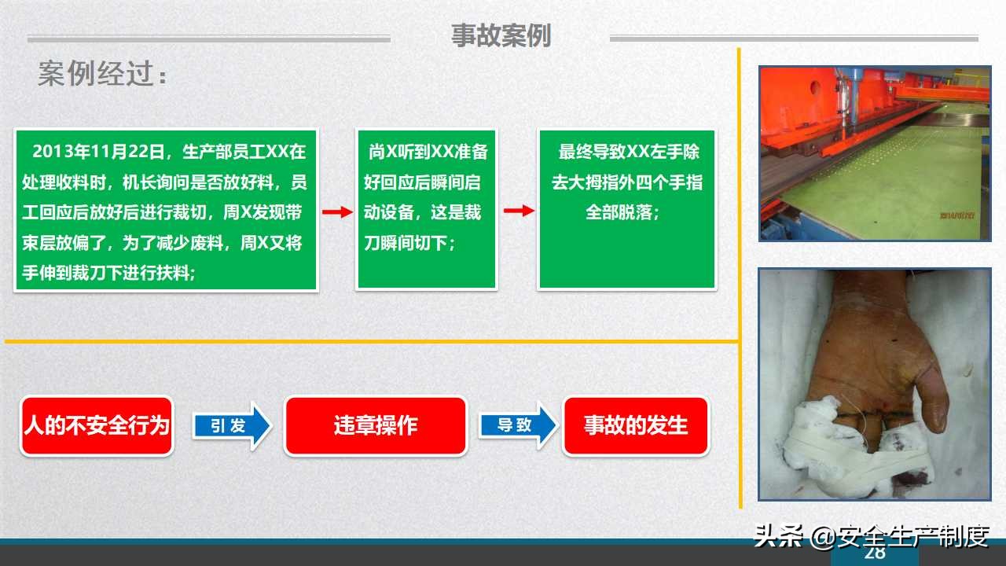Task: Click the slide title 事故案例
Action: [x=501, y=36]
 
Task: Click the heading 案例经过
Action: [x=102, y=75]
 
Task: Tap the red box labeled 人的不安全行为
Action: [x=97, y=426]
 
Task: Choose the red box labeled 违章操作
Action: [x=375, y=426]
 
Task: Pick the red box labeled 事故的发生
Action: [x=636, y=426]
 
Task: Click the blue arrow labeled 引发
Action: [x=230, y=426]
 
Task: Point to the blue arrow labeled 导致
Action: [x=517, y=426]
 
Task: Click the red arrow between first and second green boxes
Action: [x=336, y=211]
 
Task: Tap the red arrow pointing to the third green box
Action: [x=518, y=211]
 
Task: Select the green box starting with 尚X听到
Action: [x=426, y=209]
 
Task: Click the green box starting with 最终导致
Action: [x=626, y=209]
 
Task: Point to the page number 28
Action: [x=875, y=553]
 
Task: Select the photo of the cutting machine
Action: [x=874, y=153]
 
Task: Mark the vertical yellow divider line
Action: [x=739, y=275]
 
